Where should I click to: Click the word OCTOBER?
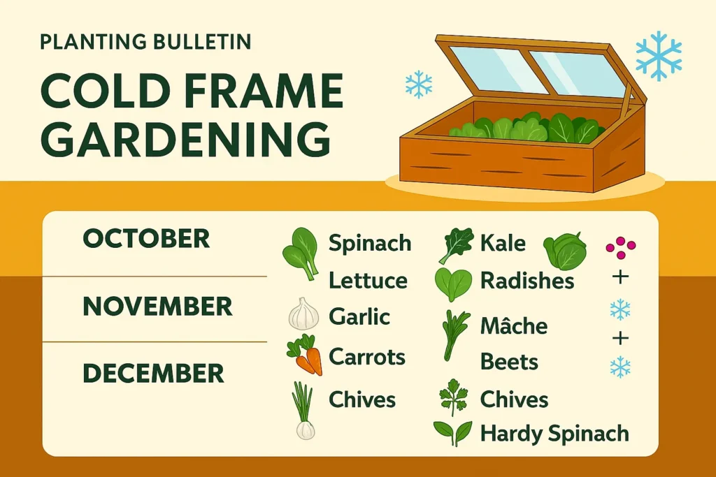pyautogui.click(x=146, y=239)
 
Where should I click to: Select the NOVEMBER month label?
pyautogui.click(x=157, y=306)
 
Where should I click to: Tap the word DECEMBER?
pyautogui.click(x=153, y=374)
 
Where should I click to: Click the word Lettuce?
pyautogui.click(x=368, y=280)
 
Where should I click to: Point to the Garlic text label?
pyautogui.click(x=359, y=316)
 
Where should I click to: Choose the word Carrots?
pyautogui.click(x=367, y=357)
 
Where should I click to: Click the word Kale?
pyautogui.click(x=503, y=243)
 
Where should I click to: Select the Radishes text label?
pyautogui.click(x=527, y=281)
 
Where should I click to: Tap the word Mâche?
pyautogui.click(x=514, y=325)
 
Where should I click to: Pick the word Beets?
pyautogui.click(x=509, y=362)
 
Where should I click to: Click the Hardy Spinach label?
pyautogui.click(x=554, y=433)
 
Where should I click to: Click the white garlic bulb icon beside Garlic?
pyautogui.click(x=304, y=314)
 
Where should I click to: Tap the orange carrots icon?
pyautogui.click(x=305, y=355)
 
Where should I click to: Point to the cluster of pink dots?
pyautogui.click(x=621, y=248)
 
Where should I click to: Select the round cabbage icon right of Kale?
pyautogui.click(x=565, y=251)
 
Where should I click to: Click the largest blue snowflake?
pyautogui.click(x=659, y=56)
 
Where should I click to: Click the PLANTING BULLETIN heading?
pyautogui.click(x=145, y=42)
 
